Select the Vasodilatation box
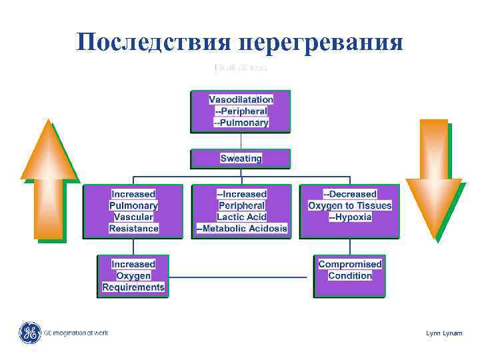tap(241, 111)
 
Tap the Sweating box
tap(241, 158)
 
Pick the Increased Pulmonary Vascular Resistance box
tap(133, 211)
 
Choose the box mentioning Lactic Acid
tap(241, 211)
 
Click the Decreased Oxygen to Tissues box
tap(349, 211)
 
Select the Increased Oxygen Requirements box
tap(133, 275)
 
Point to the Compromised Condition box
tap(349, 275)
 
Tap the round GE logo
tap(29, 333)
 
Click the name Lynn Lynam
tap(444, 333)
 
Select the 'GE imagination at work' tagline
tap(75, 333)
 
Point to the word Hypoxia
tap(353, 217)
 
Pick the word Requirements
tap(133, 287)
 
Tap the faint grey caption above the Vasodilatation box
tap(241, 68)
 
